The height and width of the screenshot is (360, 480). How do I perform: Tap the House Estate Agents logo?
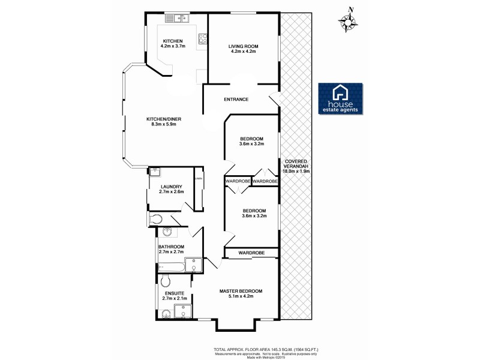point(340,98)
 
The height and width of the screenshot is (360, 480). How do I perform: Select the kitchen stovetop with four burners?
point(203,39)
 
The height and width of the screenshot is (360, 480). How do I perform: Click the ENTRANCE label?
point(236,99)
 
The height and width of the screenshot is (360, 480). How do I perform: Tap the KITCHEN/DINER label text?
point(164,119)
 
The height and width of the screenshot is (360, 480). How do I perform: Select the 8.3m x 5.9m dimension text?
point(164,125)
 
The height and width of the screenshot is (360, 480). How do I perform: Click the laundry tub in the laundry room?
point(155,172)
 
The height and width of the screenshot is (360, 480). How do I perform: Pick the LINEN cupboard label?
point(197,179)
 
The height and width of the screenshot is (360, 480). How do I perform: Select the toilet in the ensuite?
point(166,281)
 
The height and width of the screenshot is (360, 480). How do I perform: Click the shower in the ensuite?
point(182,310)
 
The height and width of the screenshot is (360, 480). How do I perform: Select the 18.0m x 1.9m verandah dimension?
point(297,171)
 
